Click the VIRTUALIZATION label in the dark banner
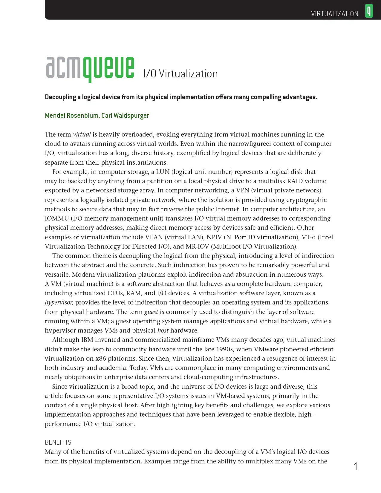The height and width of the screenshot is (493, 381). pyautogui.click(x=334, y=14)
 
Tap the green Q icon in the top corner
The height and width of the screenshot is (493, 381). pyautogui.click(x=369, y=11)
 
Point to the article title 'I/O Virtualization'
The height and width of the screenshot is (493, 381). pyautogui.click(x=180, y=74)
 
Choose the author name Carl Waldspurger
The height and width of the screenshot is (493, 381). pyautogui.click(x=125, y=116)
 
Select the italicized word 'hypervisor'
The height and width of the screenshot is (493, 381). pyautogui.click(x=59, y=302)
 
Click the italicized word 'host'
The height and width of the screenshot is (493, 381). pyautogui.click(x=163, y=330)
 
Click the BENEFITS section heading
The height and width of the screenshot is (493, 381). pyautogui.click(x=58, y=442)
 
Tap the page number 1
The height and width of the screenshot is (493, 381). pyautogui.click(x=356, y=466)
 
